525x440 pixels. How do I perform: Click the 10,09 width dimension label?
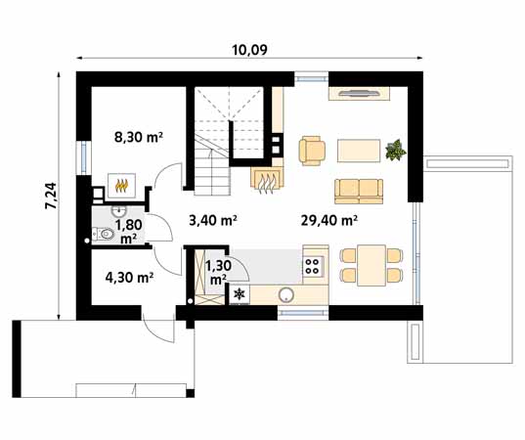[249, 50]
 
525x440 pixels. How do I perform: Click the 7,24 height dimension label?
[52, 196]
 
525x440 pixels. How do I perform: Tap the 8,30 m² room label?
[139, 137]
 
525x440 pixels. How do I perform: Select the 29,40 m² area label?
[328, 220]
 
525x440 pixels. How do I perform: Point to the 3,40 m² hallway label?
[213, 220]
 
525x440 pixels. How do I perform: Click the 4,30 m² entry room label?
[130, 278]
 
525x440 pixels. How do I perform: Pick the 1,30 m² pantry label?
[218, 272]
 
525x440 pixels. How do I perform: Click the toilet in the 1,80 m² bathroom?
[104, 234]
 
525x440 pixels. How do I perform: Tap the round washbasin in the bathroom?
[119, 211]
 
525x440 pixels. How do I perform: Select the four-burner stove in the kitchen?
[313, 266]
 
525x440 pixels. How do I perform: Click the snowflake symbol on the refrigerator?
[240, 294]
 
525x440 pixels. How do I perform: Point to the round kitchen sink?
[286, 295]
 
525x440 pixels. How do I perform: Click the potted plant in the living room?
[395, 150]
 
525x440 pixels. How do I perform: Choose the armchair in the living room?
[312, 151]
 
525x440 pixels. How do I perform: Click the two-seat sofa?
[359, 192]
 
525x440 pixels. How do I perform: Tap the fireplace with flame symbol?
[267, 181]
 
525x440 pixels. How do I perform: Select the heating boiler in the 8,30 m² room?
[121, 185]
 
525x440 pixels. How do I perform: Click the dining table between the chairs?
[372, 266]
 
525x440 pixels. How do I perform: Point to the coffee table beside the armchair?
[359, 151]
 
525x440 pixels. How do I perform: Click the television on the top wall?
[359, 93]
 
